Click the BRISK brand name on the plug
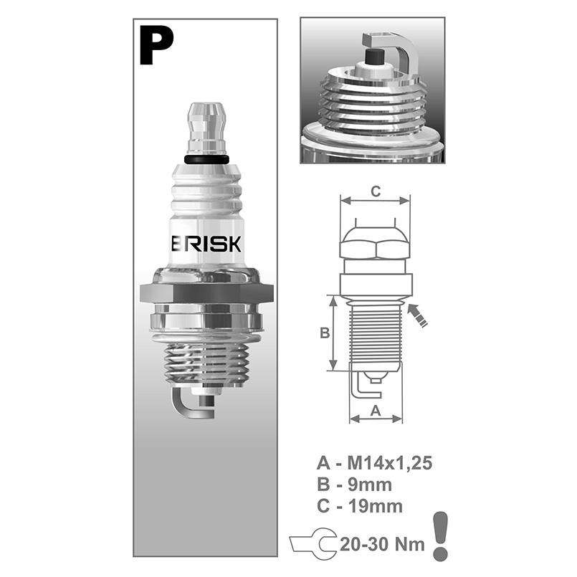(x=207, y=244)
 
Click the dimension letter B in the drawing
(x=324, y=333)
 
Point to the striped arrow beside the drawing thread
(x=418, y=315)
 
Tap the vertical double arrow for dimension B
(x=333, y=333)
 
